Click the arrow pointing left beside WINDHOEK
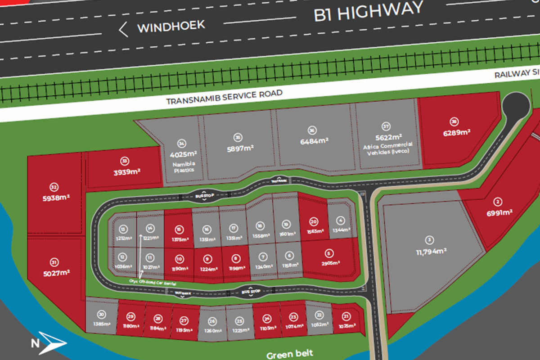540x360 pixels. click(123, 30)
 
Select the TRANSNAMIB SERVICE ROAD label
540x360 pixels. click(224, 96)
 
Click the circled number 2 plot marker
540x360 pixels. click(498, 202)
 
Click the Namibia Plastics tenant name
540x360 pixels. click(182, 168)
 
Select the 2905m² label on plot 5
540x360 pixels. click(330, 263)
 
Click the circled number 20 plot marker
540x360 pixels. click(314, 221)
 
